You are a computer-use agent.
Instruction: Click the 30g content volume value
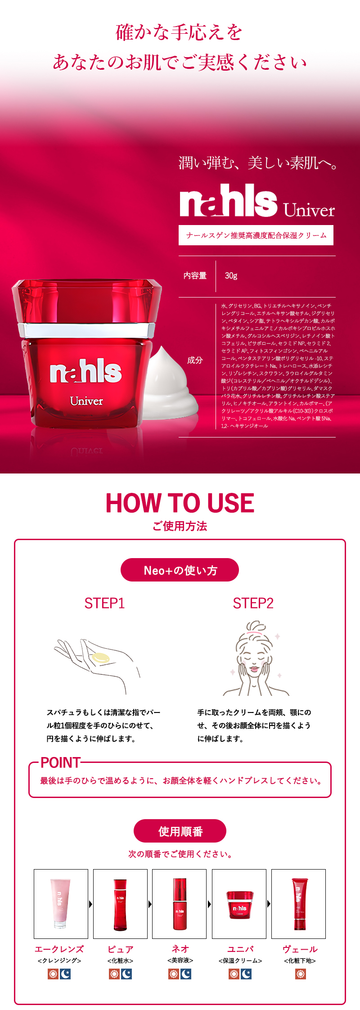(231, 276)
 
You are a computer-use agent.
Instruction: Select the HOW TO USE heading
(180, 503)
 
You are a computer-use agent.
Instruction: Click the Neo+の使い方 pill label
(180, 570)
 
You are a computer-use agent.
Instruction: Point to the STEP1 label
(104, 603)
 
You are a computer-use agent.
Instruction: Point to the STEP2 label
(253, 603)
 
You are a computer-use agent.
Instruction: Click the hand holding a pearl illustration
(97, 662)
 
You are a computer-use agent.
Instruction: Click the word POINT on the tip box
(60, 762)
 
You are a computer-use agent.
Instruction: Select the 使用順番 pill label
(180, 831)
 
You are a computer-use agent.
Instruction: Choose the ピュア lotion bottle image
(120, 904)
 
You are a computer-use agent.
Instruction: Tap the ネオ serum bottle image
(179, 904)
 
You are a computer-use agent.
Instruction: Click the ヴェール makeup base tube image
(298, 904)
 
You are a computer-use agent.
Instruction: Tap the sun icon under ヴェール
(300, 974)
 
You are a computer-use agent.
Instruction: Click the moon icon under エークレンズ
(66, 974)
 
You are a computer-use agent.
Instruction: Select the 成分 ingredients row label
(195, 360)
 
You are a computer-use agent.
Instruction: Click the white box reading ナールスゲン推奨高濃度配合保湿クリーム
(256, 235)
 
